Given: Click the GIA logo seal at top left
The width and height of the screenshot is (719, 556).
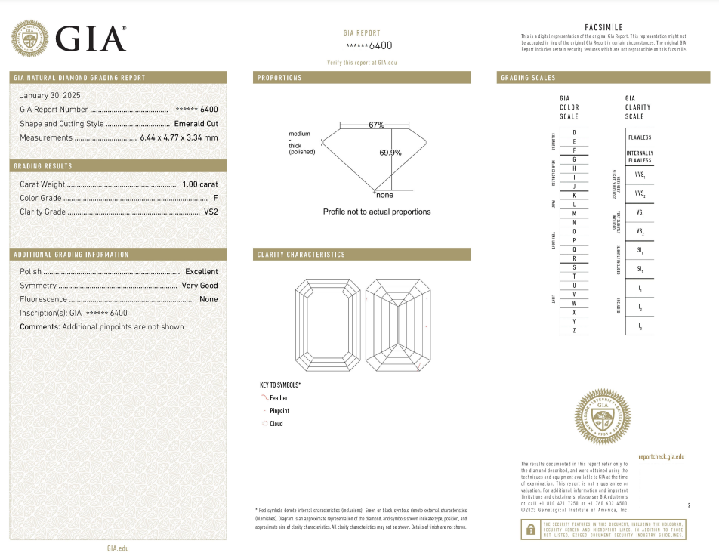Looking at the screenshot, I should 29,38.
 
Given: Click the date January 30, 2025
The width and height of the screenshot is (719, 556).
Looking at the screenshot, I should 50,95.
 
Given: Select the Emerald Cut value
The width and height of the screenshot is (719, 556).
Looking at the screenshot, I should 196,123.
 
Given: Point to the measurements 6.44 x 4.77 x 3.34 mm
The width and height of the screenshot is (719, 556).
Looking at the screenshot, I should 179,137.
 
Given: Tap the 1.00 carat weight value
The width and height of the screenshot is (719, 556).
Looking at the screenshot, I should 200,184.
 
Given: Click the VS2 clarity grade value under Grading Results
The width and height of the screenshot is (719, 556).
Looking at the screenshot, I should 211,212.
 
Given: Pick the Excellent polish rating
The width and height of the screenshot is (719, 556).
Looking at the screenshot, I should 201,271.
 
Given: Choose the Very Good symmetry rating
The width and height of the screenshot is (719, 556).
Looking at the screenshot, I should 199,286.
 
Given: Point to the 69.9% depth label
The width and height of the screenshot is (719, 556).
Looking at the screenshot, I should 390,153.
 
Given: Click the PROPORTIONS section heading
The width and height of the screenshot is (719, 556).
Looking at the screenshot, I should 279,78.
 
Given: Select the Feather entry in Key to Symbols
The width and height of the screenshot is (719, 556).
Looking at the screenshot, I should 279,398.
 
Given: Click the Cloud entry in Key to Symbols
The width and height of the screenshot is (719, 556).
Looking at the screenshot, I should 276,424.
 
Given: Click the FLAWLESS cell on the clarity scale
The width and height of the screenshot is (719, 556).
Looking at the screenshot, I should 639,137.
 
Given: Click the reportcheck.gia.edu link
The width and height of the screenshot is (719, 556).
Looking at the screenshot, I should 661,457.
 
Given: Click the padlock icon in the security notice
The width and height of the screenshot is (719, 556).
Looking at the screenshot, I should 529,530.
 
